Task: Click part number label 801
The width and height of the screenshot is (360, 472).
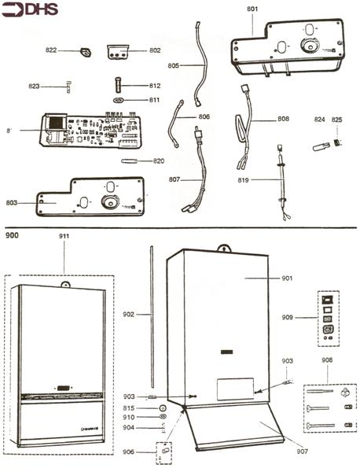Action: [x=252, y=9]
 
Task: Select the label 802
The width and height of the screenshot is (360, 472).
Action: [x=155, y=50]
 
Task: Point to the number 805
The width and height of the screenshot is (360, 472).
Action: [x=174, y=66]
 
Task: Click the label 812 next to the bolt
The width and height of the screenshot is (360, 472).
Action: [x=155, y=85]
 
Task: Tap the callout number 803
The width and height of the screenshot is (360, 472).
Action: [x=11, y=203]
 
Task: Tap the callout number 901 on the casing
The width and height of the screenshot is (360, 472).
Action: [x=287, y=278]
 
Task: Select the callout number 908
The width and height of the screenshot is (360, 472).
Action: [x=327, y=360]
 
